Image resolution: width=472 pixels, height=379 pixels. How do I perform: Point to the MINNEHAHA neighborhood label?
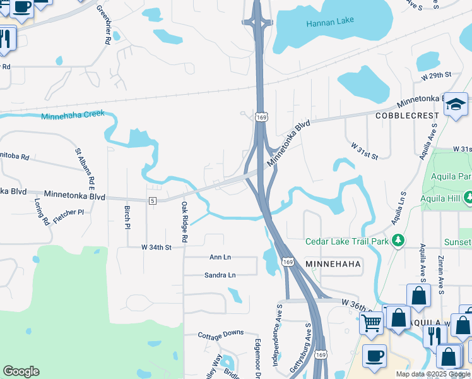click(333, 263)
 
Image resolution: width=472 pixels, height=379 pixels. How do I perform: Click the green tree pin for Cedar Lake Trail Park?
click(398, 241)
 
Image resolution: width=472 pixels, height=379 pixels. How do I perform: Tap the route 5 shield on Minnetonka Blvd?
click(152, 201)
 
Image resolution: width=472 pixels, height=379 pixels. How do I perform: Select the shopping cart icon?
click(371, 322)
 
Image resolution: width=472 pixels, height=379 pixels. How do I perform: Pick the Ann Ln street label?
click(220, 257)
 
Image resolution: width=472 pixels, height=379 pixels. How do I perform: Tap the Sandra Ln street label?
click(220, 275)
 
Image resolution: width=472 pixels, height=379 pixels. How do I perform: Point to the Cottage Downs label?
click(220, 334)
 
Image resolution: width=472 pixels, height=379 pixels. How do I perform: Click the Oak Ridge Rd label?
click(184, 222)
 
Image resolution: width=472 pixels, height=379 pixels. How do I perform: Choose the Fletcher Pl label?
click(69, 212)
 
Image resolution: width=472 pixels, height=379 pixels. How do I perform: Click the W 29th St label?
click(437, 75)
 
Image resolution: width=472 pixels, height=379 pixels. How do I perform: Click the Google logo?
click(21, 371)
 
